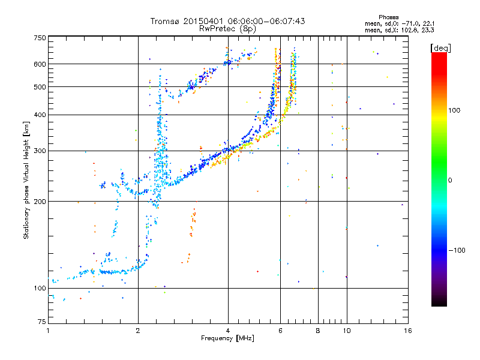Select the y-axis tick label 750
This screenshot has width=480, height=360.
[40, 38]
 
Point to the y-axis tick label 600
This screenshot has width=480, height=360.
[40, 64]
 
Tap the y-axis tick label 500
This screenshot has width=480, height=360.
[40, 87]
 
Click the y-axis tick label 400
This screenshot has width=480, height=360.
[40, 115]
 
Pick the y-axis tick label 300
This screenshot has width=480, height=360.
[40, 151]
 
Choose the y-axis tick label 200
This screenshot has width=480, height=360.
[40, 202]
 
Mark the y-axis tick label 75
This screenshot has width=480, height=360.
[42, 322]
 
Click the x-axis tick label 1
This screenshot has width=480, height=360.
[48, 331]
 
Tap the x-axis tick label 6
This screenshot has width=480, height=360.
[280, 331]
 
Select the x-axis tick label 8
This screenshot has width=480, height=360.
[318, 331]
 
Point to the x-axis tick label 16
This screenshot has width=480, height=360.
[408, 331]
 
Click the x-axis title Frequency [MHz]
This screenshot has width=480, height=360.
[227, 338]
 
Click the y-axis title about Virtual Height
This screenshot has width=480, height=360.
[26, 180]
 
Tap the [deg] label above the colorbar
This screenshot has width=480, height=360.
[440, 48]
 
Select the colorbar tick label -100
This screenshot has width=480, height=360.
[457, 250]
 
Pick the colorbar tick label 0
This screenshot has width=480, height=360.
[450, 181]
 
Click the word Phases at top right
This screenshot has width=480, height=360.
[389, 17]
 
